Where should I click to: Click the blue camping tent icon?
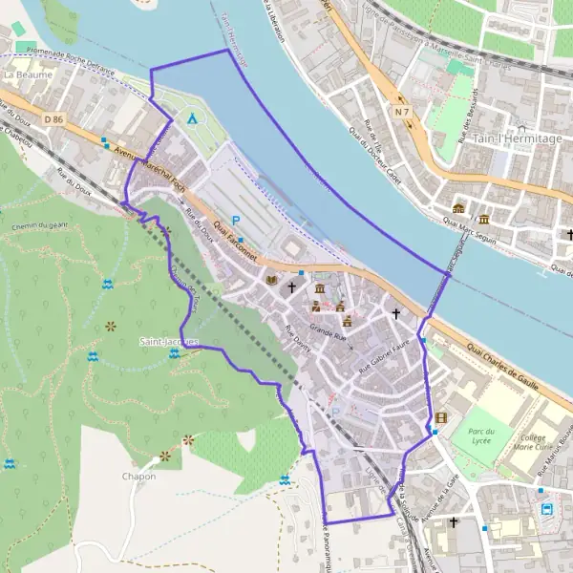point(193,119)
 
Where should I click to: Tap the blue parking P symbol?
point(236,221)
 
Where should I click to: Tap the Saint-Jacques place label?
point(168,341)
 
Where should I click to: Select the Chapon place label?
point(138,476)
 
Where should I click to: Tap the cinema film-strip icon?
point(440,417)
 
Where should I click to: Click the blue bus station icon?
point(547,508)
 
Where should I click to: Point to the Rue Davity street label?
point(299,339)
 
